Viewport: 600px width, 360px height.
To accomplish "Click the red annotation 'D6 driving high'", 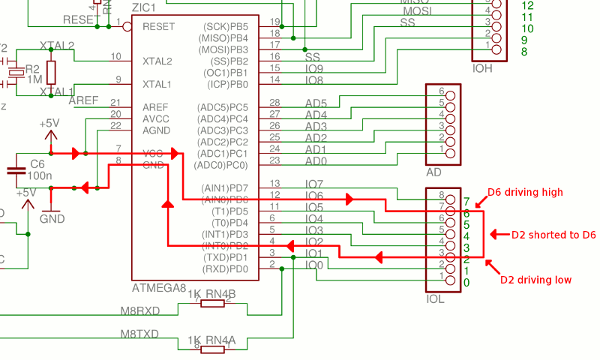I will [x=525, y=192].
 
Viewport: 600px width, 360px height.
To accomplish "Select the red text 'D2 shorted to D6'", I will [x=553, y=235].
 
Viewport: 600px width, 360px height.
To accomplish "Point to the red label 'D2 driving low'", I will [x=535, y=280].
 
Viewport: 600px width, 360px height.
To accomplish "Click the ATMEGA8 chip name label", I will [x=159, y=288].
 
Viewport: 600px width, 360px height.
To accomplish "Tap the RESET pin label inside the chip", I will [x=158, y=26].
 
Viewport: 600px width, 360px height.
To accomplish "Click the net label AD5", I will [x=316, y=103].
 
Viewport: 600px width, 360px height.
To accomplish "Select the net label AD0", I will [x=316, y=160].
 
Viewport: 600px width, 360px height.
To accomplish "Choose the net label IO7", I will [x=314, y=184].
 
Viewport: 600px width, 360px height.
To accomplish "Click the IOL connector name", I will [x=435, y=298].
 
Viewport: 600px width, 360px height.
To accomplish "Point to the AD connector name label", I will [x=433, y=172].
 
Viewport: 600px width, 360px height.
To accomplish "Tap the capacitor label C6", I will [x=37, y=163].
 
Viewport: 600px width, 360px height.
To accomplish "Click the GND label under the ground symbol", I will [x=52, y=219].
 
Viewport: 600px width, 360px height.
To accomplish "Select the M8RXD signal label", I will [x=140, y=309].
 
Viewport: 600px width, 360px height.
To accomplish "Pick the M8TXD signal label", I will [x=140, y=333].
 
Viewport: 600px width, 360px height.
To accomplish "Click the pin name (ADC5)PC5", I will [x=222, y=106].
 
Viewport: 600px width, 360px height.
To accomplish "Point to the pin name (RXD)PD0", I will [x=223, y=269].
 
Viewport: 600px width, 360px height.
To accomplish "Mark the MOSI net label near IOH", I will [x=417, y=11].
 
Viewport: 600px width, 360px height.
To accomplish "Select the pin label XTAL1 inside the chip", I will [x=157, y=84].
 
